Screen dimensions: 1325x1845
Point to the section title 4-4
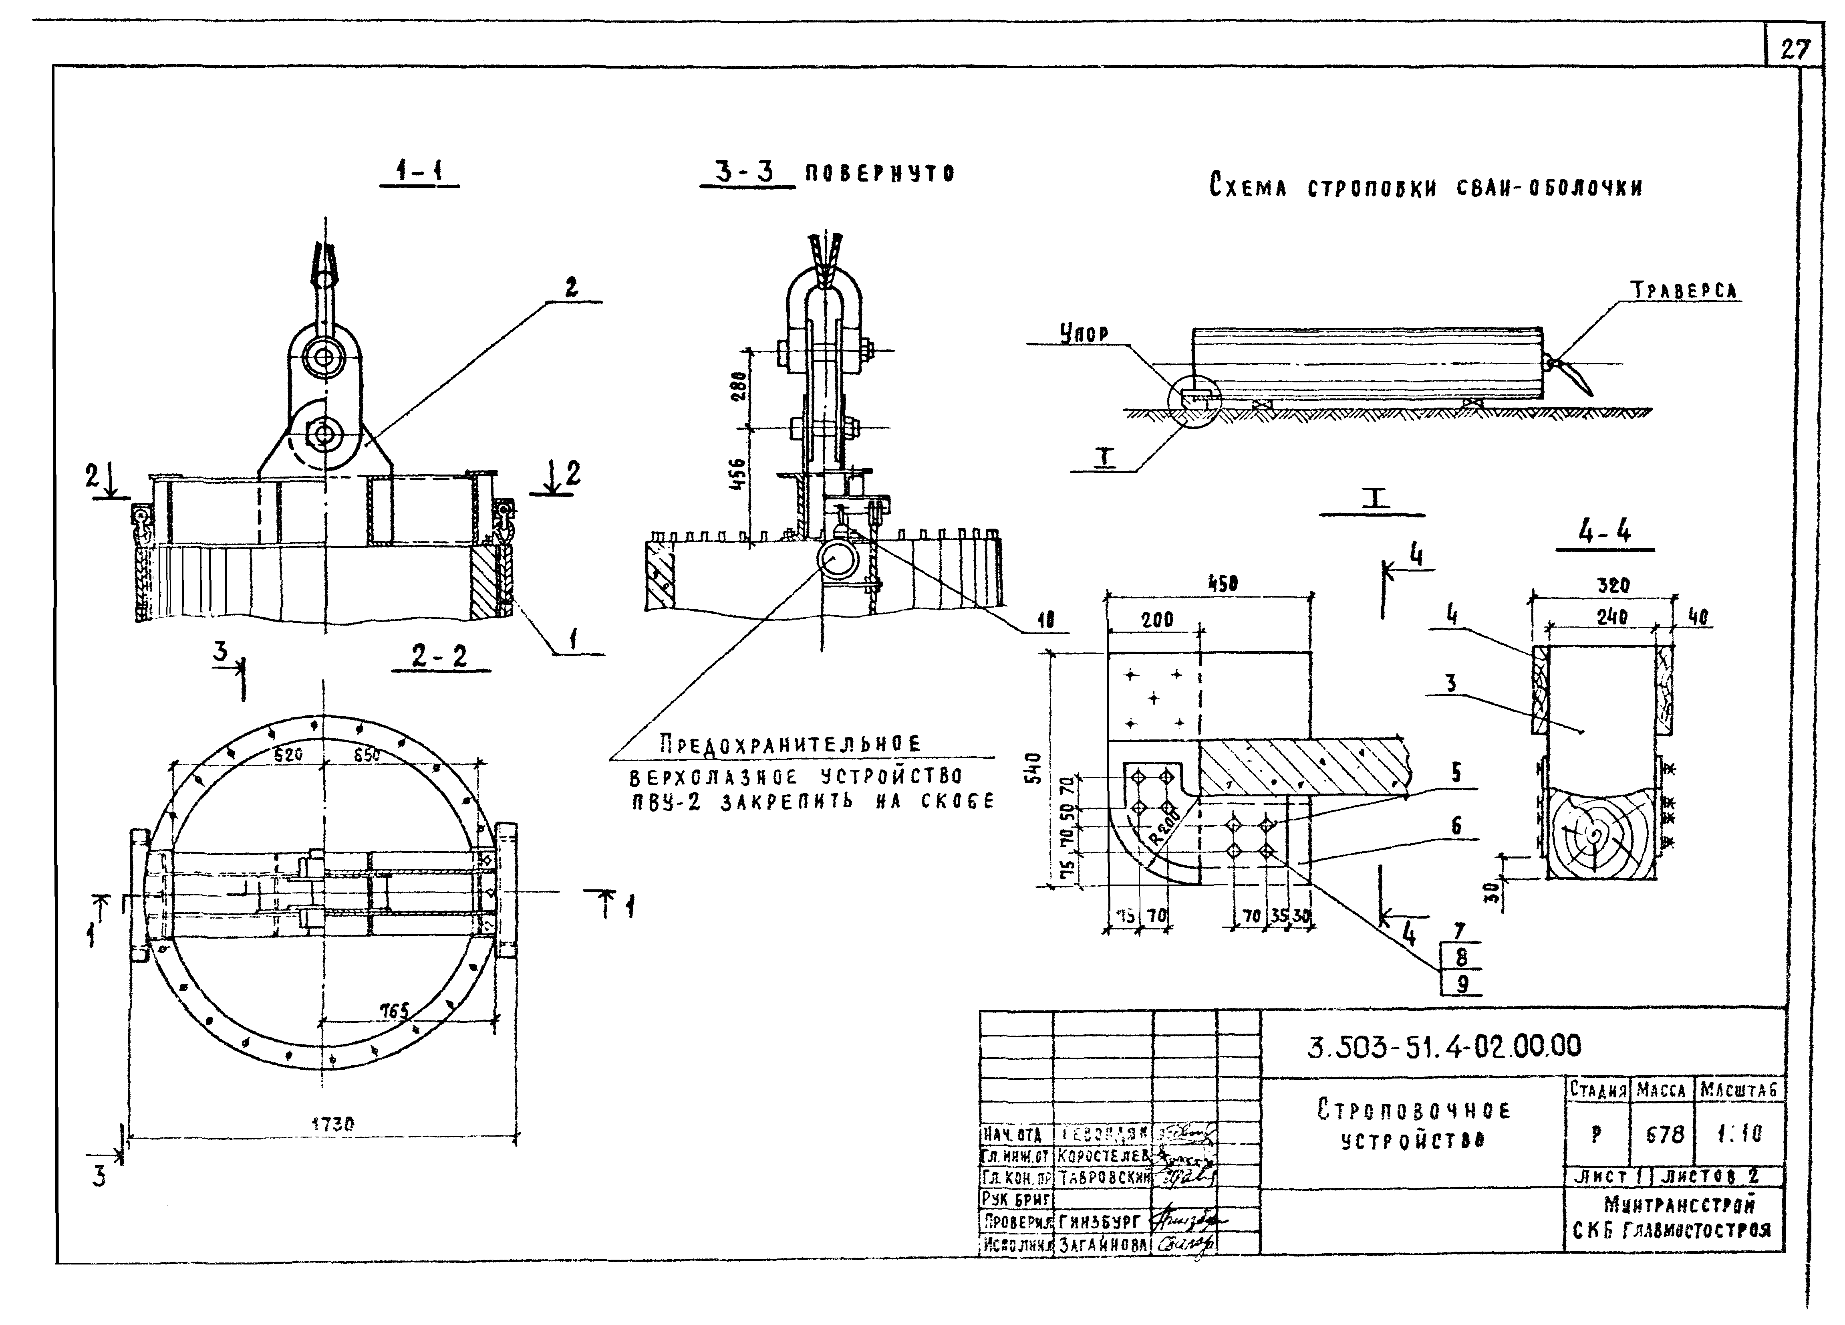[x=1604, y=532]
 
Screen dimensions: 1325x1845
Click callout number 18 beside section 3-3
[x=1045, y=620]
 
